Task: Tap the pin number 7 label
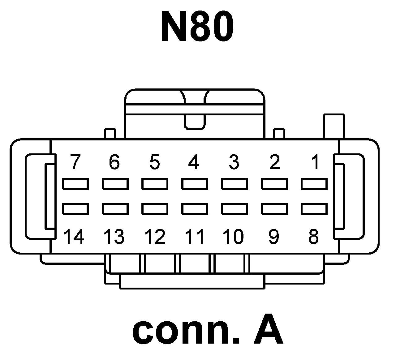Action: [74, 162]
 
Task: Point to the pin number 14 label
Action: [74, 237]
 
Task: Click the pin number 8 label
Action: [313, 237]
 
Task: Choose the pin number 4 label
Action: [194, 162]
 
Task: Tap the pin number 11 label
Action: [195, 237]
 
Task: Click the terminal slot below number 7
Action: [75, 184]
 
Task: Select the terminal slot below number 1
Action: [314, 184]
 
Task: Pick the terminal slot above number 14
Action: [75, 209]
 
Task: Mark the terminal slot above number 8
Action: [314, 209]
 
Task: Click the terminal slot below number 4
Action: [195, 184]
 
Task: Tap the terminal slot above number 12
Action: [155, 209]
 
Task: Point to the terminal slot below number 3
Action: [234, 184]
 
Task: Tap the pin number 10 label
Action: [234, 237]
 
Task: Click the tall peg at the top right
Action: [334, 126]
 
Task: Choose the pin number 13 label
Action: [114, 237]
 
